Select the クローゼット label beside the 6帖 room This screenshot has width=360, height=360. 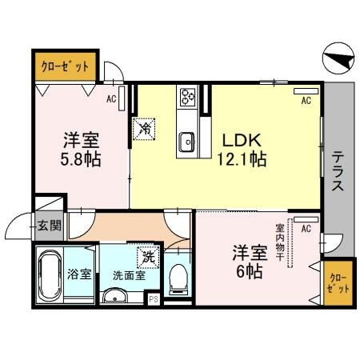338,281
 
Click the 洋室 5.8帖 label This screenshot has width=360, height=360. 82,149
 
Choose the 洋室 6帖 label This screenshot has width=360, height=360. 249,259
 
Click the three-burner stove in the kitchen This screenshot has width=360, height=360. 189,96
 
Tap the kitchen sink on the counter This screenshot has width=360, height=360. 188,139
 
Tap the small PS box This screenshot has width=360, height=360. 152,300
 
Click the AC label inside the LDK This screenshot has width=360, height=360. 305,102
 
